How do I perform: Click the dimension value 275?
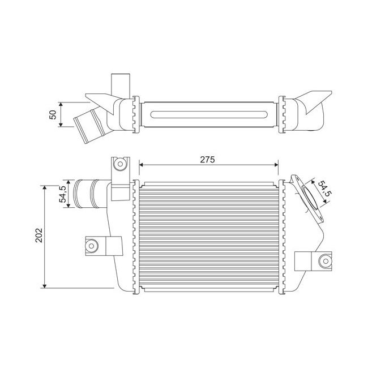[208, 160]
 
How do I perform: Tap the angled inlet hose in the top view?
[88, 126]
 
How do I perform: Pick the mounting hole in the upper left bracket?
[119, 165]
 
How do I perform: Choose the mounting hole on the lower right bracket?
[325, 262]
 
